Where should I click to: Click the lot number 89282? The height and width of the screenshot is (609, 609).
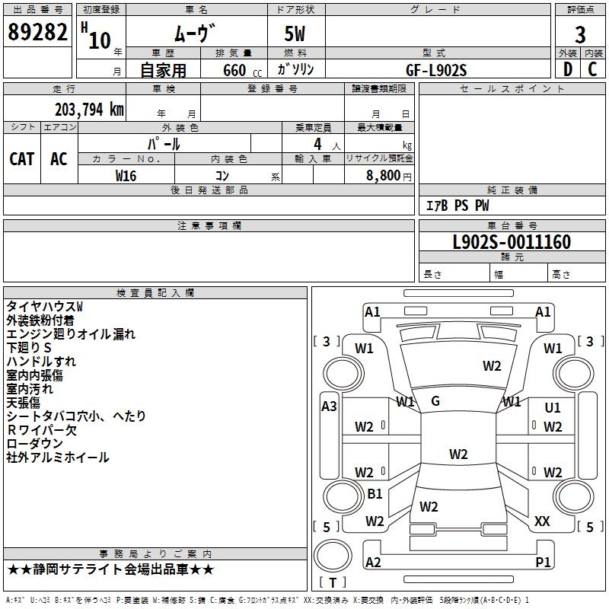37,32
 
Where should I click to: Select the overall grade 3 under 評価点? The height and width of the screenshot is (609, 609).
580,35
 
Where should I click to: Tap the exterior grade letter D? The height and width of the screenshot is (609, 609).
568,69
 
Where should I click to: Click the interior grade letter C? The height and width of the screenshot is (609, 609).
592,69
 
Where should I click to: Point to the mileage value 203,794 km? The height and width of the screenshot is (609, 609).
89,110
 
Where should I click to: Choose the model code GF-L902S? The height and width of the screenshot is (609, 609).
436,70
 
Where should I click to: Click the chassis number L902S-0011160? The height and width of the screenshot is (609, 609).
512,242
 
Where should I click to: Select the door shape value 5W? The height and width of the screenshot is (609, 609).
295,33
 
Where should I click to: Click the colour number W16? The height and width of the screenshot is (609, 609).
126,176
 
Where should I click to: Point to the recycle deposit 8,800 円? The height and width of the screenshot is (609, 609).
388,176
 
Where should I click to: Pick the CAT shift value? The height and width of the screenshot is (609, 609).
22,159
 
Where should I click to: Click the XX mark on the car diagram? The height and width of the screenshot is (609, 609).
542,521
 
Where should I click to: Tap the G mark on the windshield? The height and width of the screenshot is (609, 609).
435,401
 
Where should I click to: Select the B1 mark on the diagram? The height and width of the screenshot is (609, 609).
375,493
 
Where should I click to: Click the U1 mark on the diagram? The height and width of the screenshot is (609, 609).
553,407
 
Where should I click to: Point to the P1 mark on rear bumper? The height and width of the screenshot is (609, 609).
543,562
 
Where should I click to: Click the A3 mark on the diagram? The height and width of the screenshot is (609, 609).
329,407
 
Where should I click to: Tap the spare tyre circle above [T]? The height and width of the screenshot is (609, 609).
333,556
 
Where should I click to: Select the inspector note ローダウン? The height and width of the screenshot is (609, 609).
34,444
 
